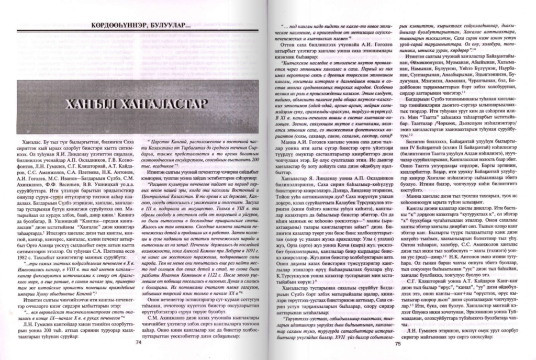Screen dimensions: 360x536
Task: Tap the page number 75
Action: [x=397, y=343]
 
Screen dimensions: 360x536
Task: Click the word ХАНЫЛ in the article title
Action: [x=75, y=103]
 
